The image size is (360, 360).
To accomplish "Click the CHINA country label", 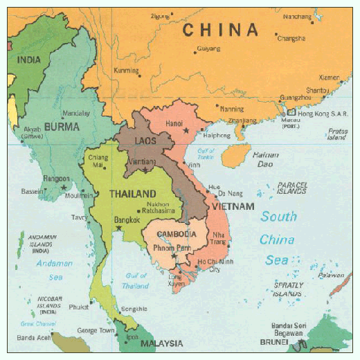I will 220,30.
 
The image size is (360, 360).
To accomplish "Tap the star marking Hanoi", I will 186,130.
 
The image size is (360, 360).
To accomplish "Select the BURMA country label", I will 62,127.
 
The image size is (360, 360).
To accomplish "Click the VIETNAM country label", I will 233,206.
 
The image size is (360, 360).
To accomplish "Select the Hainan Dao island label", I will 266,160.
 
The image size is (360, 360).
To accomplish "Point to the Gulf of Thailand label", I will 136,281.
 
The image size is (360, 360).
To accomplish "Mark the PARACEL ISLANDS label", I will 291,188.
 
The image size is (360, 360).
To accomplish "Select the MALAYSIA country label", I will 161,343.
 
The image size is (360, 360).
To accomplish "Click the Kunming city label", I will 126,71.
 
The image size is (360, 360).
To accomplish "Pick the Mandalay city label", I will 76,113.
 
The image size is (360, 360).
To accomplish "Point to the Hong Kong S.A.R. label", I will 323,112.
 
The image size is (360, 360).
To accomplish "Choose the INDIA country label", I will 28,60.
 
